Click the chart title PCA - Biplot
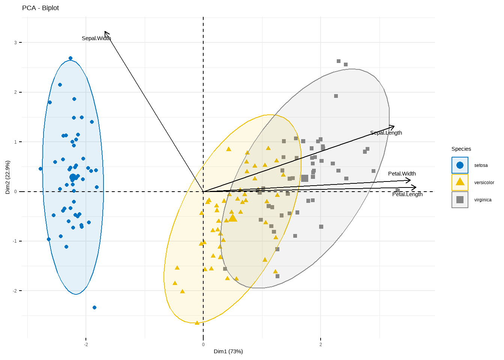40,8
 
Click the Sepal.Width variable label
96,38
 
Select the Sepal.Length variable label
386,133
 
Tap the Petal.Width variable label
402,174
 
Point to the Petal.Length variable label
407,194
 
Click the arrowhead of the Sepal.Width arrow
105,32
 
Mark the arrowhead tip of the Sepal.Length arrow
394,126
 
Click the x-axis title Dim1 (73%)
228,351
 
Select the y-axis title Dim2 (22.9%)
7,177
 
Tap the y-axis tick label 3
16,43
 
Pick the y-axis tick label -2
15,291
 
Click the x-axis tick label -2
86,345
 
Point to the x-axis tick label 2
321,345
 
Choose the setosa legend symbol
460,165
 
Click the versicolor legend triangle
460,182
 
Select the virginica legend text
483,200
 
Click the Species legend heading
461,149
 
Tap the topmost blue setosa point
70,58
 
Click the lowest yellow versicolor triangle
197,323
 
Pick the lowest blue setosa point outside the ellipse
94,307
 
